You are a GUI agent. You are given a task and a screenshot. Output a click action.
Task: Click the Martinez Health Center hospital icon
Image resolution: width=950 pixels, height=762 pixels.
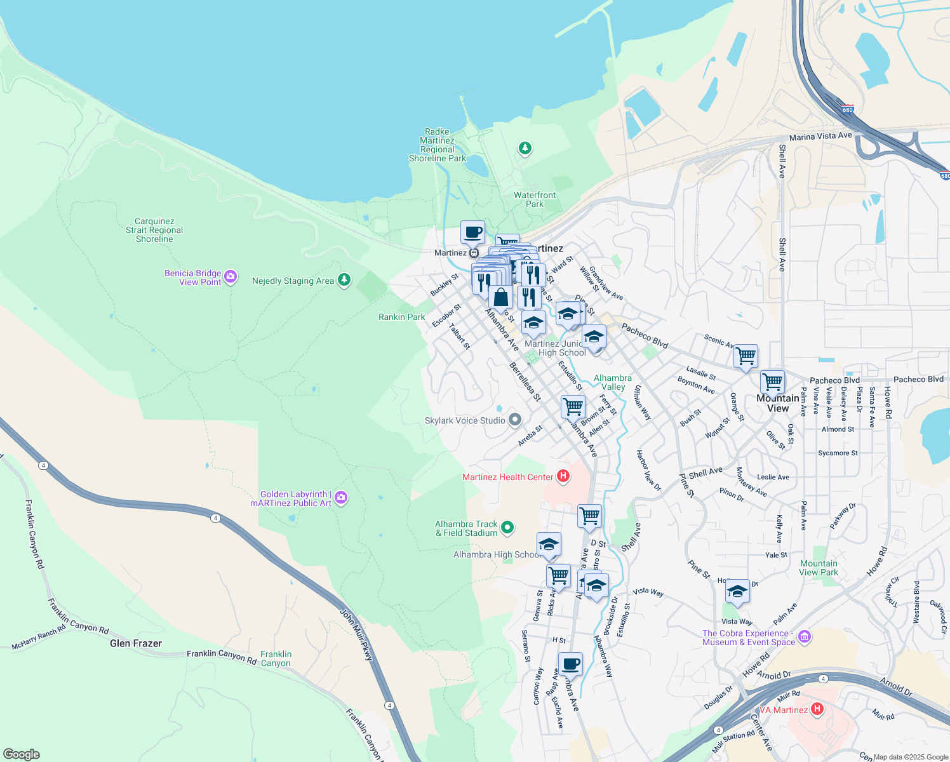(563, 476)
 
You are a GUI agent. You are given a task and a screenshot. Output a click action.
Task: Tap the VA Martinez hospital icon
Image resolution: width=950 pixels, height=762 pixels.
(817, 709)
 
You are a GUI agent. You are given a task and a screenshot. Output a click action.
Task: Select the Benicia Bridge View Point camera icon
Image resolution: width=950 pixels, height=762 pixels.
(231, 276)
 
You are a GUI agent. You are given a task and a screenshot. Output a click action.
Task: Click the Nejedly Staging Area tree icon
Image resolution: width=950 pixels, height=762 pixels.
(344, 280)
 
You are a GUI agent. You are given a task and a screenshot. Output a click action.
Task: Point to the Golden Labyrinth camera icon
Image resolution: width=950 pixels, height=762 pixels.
(341, 497)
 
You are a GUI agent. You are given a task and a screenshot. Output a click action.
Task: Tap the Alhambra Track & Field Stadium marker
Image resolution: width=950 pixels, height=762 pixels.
(507, 527)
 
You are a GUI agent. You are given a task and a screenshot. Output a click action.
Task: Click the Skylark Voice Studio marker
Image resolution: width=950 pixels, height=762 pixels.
(515, 420)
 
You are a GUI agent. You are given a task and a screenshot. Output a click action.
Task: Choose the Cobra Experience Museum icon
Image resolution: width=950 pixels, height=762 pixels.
(805, 636)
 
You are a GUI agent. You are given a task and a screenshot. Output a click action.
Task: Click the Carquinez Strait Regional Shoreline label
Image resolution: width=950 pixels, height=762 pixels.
(154, 231)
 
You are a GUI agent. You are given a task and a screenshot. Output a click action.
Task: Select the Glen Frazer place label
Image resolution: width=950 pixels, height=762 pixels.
(136, 643)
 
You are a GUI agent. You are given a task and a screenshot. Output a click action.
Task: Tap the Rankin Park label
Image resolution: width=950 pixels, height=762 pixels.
(402, 317)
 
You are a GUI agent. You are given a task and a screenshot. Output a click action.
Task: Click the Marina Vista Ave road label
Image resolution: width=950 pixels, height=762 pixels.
(820, 136)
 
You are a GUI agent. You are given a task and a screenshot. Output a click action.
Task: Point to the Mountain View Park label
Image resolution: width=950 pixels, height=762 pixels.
(819, 568)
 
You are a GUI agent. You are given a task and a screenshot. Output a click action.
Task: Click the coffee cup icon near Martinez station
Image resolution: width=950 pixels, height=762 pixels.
(472, 232)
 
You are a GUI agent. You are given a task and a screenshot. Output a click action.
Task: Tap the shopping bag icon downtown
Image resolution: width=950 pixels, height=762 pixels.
(500, 297)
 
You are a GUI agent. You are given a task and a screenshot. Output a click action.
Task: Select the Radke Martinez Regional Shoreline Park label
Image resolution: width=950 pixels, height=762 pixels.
(437, 145)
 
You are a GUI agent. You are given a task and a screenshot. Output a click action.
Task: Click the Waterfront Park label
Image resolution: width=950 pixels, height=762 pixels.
(535, 199)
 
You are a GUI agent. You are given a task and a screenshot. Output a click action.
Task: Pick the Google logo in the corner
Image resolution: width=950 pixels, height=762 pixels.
(22, 754)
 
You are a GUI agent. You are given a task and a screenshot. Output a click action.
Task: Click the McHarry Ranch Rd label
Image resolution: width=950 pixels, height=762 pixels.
(39, 638)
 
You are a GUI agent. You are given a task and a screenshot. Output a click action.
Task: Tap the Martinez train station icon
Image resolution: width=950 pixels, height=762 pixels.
(474, 253)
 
